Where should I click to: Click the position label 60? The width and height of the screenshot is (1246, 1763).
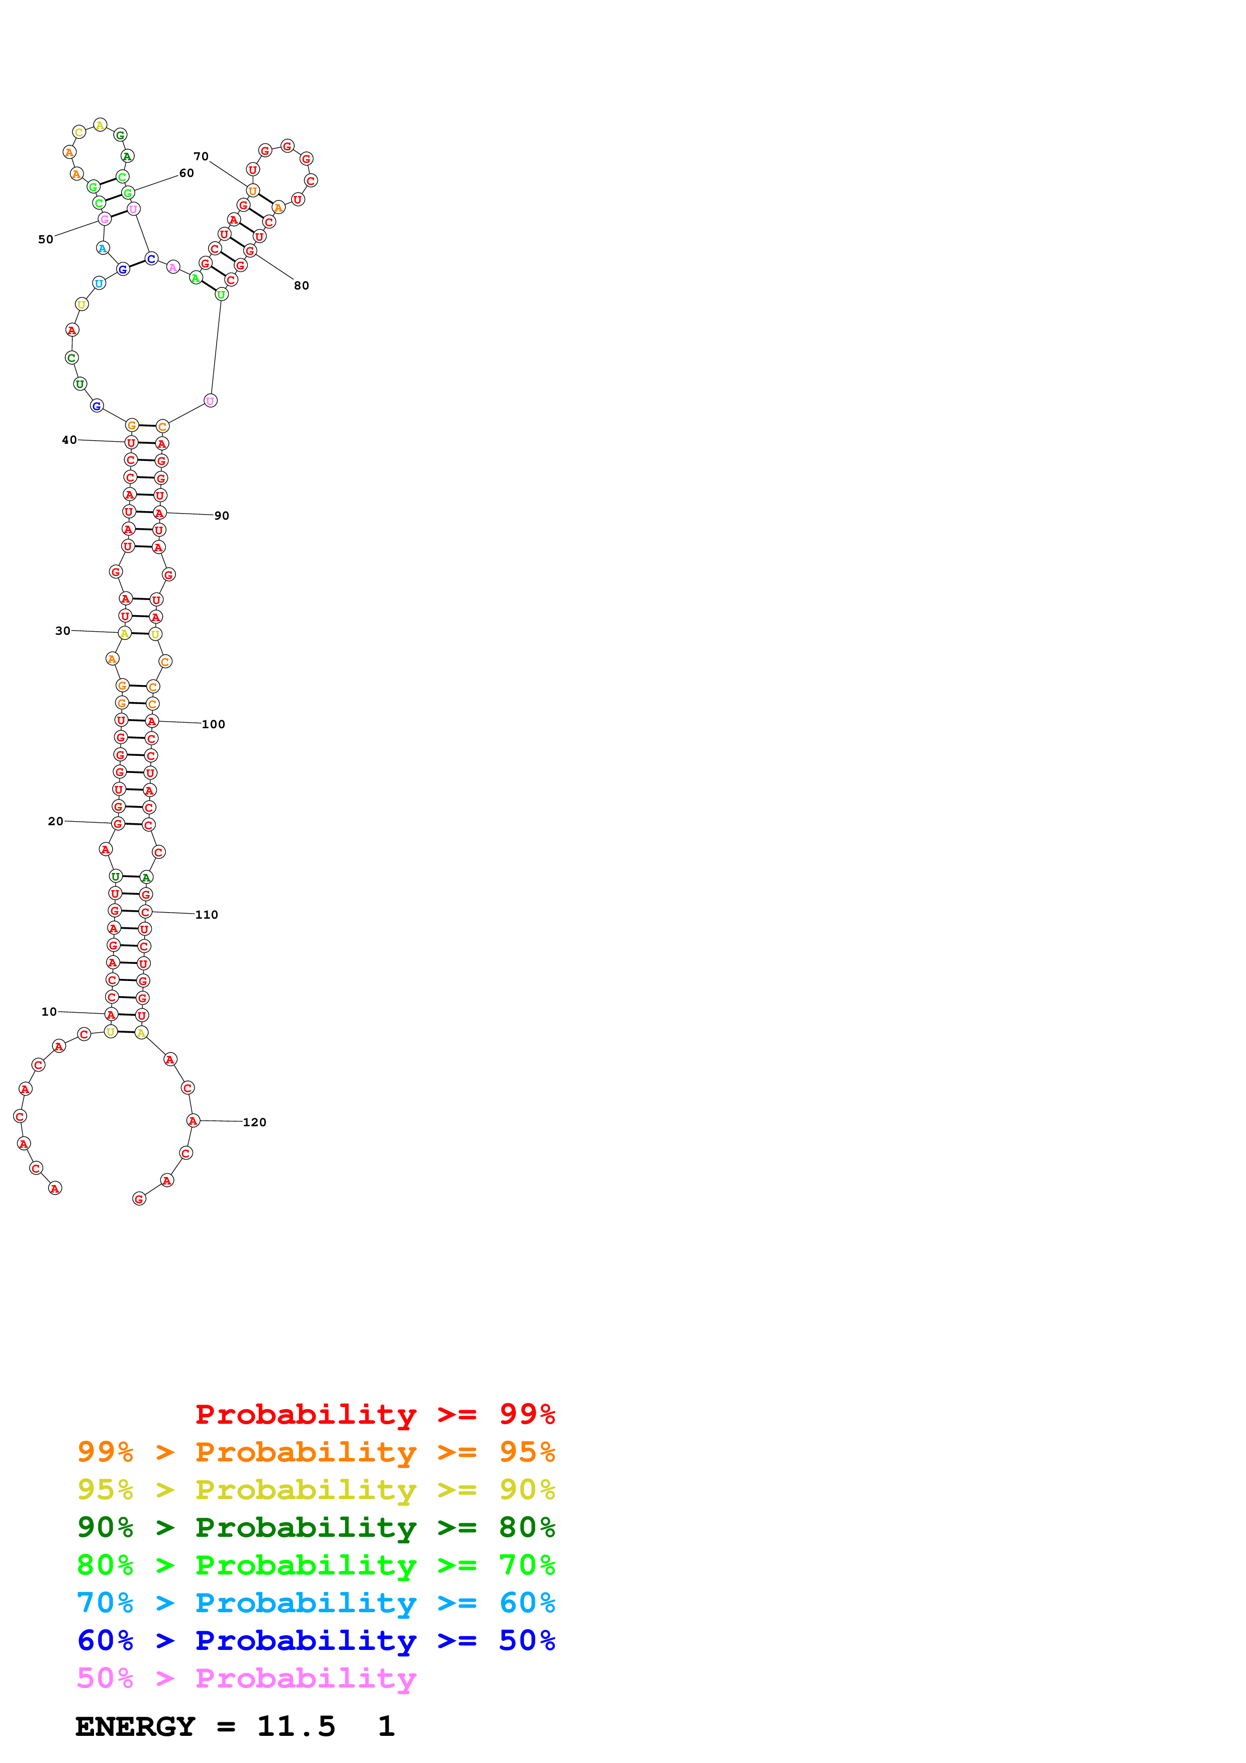pos(186,173)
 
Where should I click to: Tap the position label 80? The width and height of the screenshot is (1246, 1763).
pos(302,285)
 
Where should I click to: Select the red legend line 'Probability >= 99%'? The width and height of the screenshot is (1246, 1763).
pos(375,1414)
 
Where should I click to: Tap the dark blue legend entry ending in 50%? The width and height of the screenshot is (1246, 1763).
pos(316,1640)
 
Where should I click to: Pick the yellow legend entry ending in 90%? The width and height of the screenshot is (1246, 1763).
pos(316,1490)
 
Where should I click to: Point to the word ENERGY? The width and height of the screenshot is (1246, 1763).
pos(135,1726)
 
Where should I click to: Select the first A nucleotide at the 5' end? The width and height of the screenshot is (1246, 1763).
pos(54,1189)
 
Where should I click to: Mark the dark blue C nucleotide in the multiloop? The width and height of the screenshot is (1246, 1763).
pos(151,259)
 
